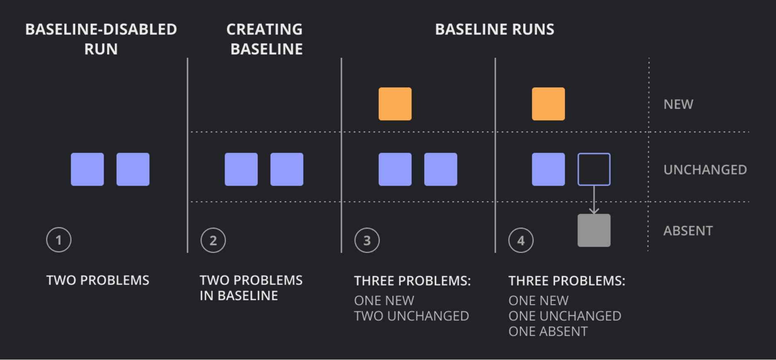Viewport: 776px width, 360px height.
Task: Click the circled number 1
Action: click(x=59, y=240)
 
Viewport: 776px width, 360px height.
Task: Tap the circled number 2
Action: click(x=213, y=240)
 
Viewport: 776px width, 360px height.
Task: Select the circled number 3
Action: click(x=367, y=240)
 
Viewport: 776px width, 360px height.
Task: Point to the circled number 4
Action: click(x=521, y=240)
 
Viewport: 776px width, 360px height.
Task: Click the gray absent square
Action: click(x=594, y=230)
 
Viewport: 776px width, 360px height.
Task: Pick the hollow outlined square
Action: click(x=578, y=169)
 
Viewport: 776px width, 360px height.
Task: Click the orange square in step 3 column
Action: click(x=395, y=104)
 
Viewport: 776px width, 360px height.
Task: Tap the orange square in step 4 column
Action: click(x=548, y=104)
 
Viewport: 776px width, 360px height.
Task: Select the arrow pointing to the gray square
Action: click(x=594, y=200)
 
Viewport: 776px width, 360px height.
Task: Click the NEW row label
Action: click(x=678, y=104)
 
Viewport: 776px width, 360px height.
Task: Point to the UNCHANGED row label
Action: click(x=705, y=170)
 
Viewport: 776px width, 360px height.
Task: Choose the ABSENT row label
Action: click(x=688, y=231)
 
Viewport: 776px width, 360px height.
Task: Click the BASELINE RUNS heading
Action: click(x=495, y=29)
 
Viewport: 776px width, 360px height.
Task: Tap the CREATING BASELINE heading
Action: click(x=265, y=39)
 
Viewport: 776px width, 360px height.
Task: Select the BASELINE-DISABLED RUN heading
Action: click(x=101, y=39)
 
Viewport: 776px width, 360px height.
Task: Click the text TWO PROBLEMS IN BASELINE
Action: click(x=251, y=288)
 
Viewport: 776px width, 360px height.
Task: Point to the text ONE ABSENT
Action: click(x=548, y=331)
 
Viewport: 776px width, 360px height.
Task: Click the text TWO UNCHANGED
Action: click(x=412, y=316)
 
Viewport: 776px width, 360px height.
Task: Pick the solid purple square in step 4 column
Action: click(x=548, y=169)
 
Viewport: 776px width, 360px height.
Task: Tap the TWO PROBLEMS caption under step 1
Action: click(x=98, y=280)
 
